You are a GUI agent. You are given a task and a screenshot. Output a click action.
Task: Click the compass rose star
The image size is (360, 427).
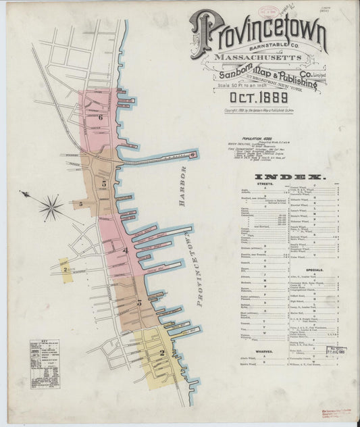pyautogui.click(x=51, y=206)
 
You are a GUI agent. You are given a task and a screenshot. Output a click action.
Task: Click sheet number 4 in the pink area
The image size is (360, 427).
pyautogui.click(x=125, y=251)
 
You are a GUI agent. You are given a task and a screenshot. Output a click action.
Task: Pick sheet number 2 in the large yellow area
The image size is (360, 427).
pyautogui.click(x=162, y=352)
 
